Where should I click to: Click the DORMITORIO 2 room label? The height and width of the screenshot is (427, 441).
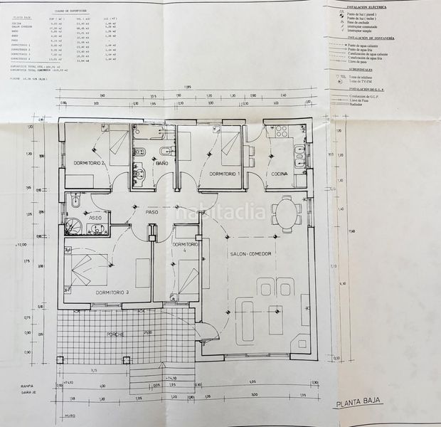point(89,163)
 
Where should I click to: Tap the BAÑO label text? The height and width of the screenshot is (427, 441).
point(161,163)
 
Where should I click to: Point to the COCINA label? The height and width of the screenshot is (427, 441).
point(279,174)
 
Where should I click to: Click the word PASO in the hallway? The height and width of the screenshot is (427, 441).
point(152,211)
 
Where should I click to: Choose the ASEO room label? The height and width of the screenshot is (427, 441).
point(95,218)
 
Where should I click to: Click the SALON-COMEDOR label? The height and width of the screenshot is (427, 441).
point(251,254)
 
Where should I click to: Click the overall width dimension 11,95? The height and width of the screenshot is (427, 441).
point(186,87)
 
